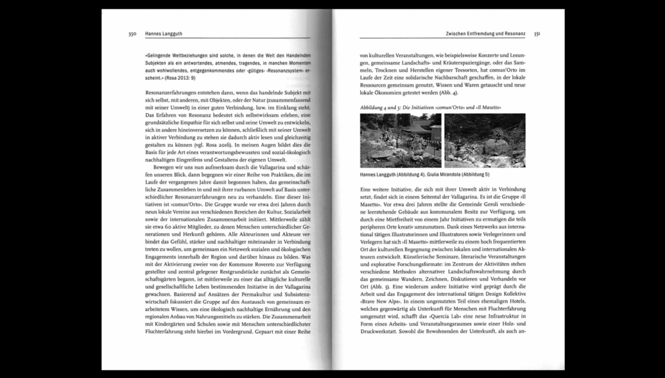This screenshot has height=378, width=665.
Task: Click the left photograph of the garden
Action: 401,141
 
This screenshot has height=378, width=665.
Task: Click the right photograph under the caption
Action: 485,141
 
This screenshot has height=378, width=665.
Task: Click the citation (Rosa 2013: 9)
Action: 176,77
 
